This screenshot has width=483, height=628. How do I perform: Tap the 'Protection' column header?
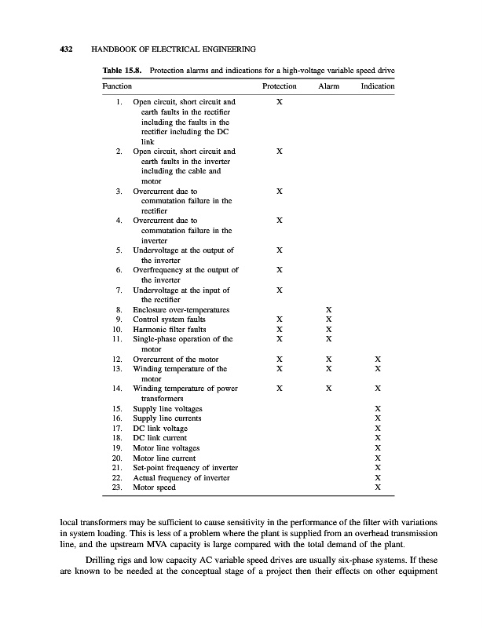tap(279, 86)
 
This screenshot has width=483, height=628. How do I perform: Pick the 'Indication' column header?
tap(378, 86)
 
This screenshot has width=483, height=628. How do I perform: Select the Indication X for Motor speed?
tap(378, 487)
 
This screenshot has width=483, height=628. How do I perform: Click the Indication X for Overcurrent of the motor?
tap(378, 359)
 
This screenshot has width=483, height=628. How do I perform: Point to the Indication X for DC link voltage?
tap(378, 428)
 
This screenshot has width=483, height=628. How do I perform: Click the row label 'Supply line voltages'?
tap(167, 409)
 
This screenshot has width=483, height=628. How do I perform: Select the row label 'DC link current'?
tap(160, 438)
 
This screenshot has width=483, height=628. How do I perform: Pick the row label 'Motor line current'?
tap(164, 458)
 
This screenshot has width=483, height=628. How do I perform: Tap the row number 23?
tap(119, 487)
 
